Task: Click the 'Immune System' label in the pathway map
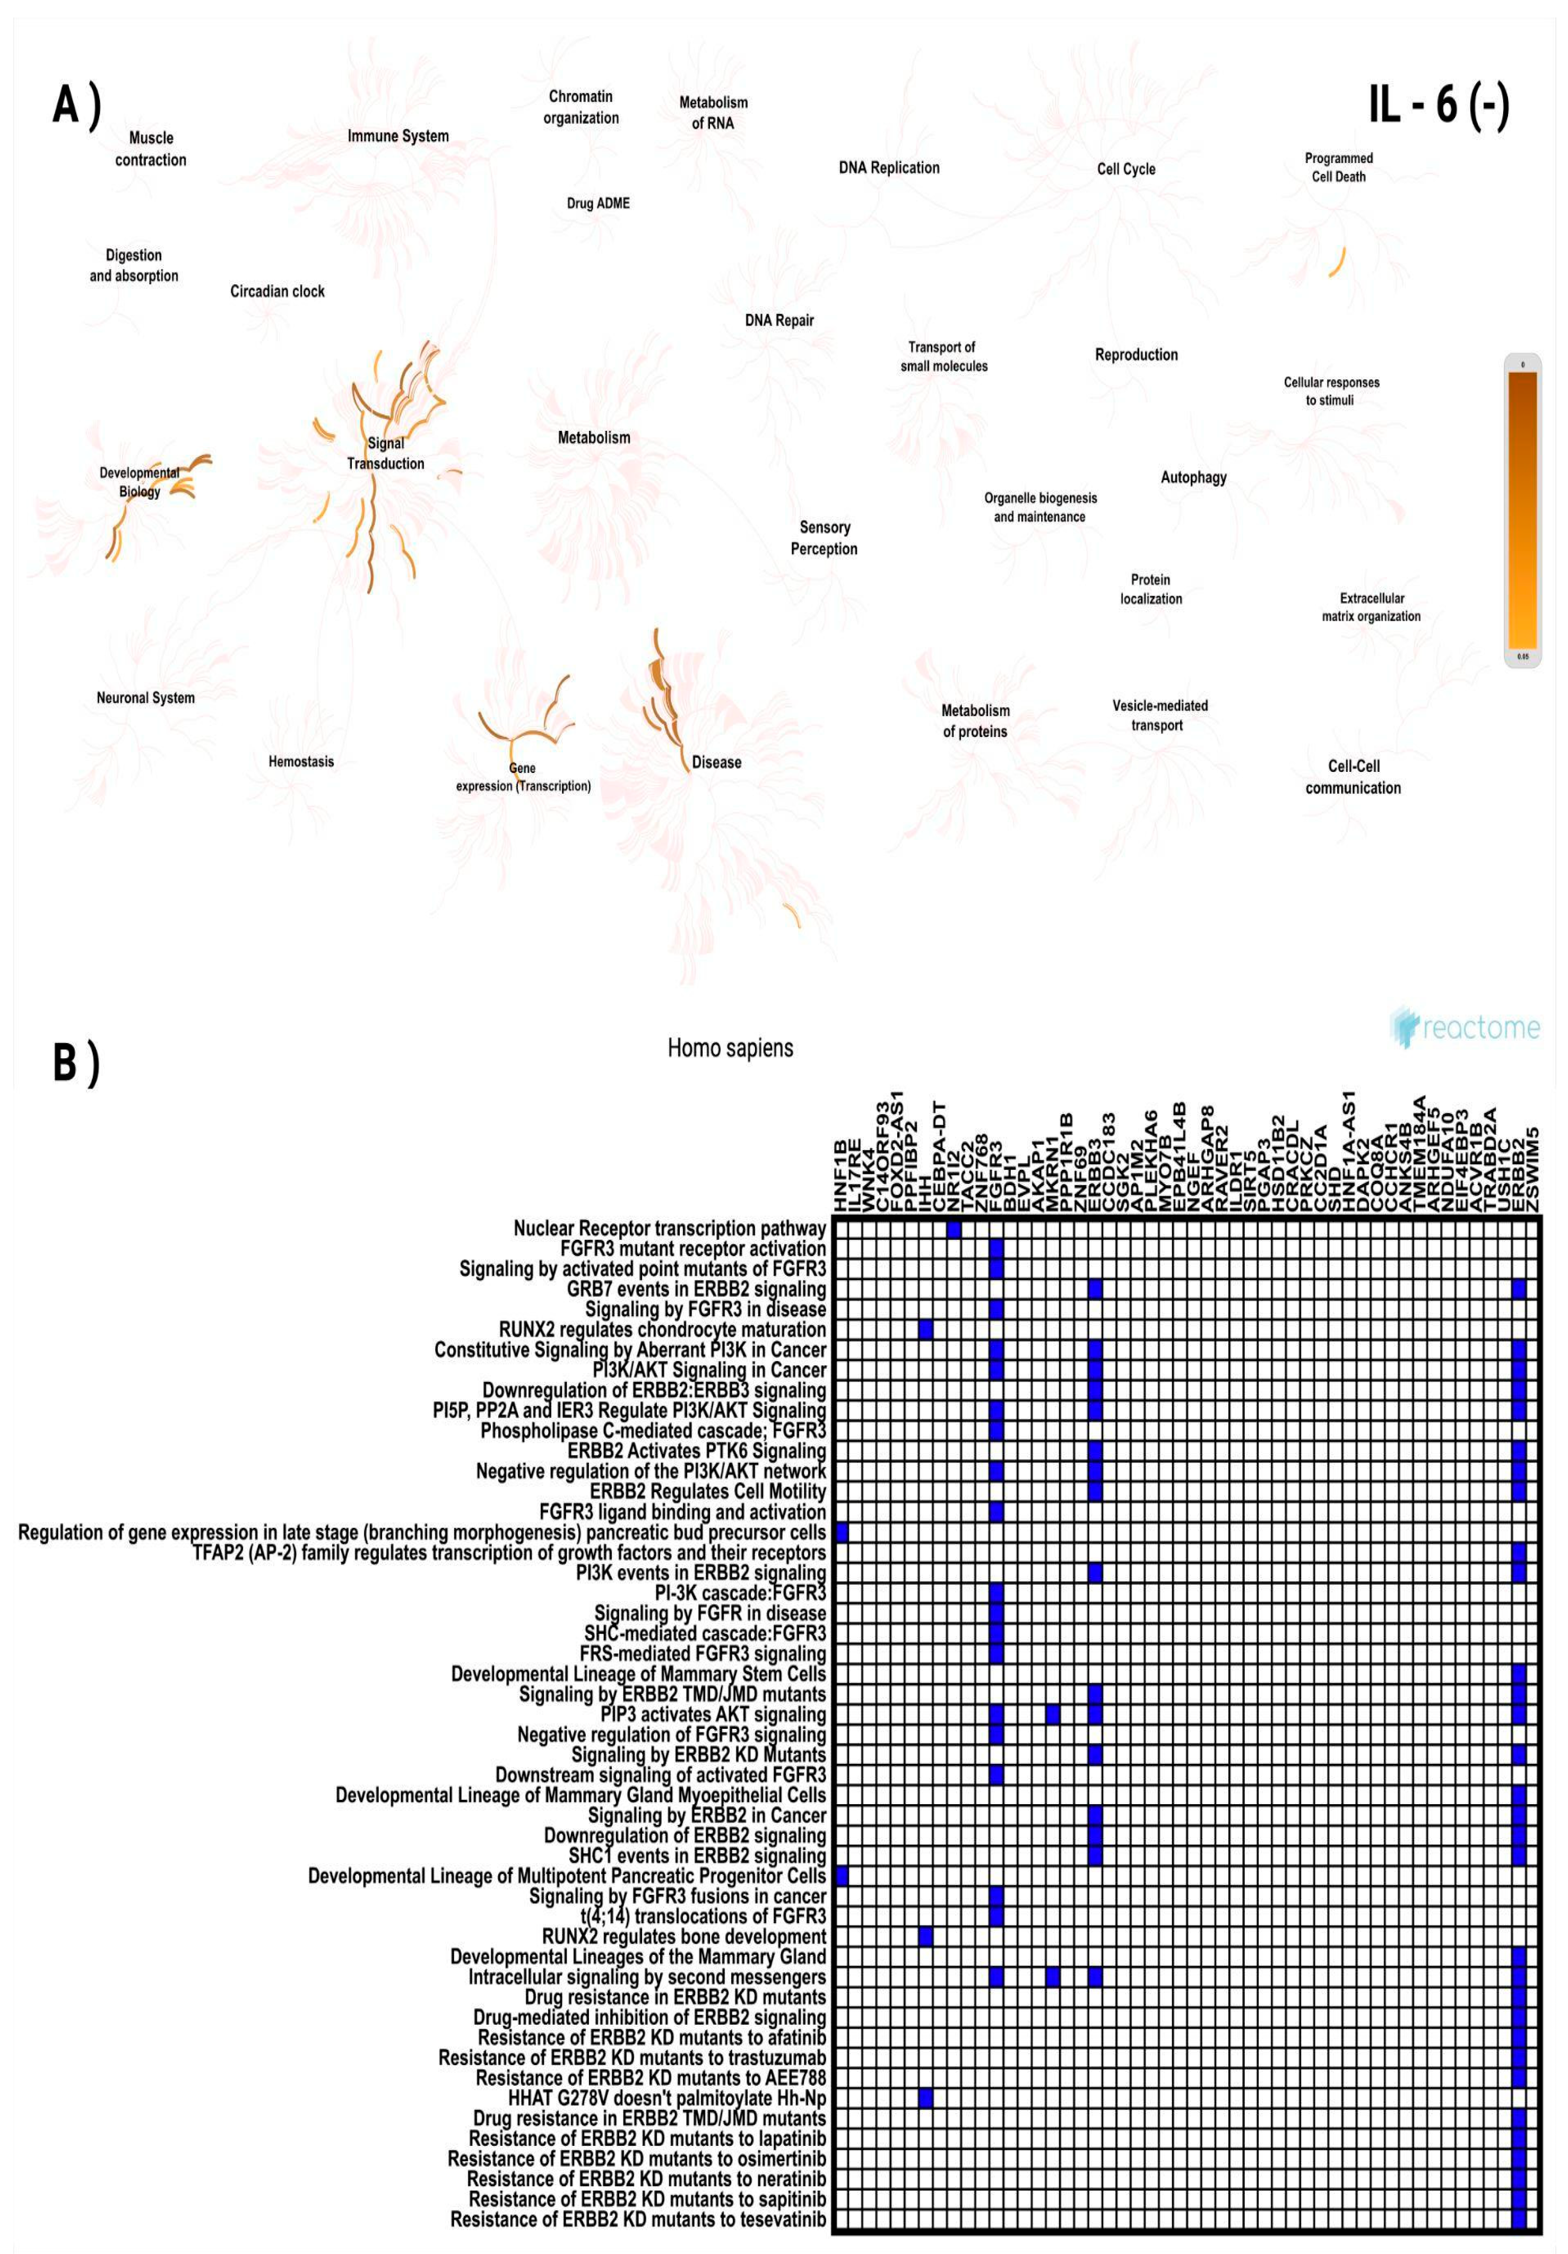397,135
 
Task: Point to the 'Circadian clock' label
277,292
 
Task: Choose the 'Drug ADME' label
598,203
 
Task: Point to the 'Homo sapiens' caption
730,1048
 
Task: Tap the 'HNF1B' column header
841,1176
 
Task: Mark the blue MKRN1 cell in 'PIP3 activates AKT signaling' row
1053,1714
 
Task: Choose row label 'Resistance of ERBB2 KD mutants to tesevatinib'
638,2218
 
